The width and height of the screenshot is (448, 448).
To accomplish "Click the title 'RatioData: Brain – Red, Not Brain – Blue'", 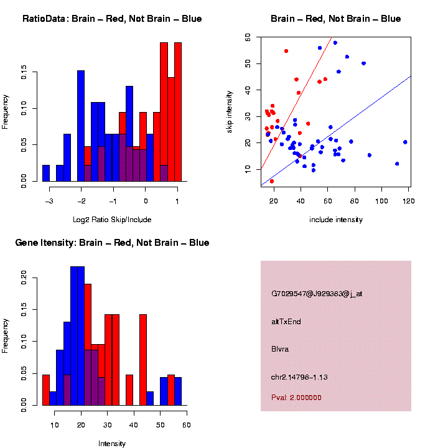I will click(x=112, y=19).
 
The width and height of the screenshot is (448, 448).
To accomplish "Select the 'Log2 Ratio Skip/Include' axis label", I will click(x=113, y=220).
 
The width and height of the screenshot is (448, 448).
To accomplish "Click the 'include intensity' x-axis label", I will click(x=336, y=220).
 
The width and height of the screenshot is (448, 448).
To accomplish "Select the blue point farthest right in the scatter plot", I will click(x=405, y=142).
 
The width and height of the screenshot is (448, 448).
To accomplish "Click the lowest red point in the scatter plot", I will click(x=272, y=181).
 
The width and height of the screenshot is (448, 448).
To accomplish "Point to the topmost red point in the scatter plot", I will click(x=286, y=51).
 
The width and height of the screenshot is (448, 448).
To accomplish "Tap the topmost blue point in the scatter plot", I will click(x=335, y=43).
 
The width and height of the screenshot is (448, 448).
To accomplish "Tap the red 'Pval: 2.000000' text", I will click(x=296, y=397).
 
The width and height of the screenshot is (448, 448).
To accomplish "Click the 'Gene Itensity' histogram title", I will click(x=112, y=243).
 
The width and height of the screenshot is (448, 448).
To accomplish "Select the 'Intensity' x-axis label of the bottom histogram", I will click(x=112, y=444).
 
